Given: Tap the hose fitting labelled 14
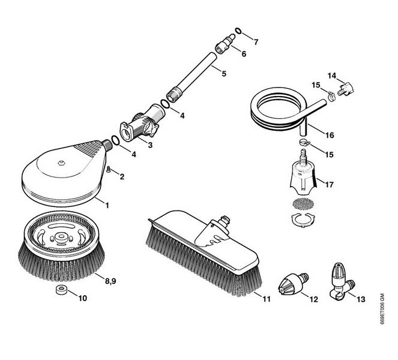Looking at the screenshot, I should pos(344,90).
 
